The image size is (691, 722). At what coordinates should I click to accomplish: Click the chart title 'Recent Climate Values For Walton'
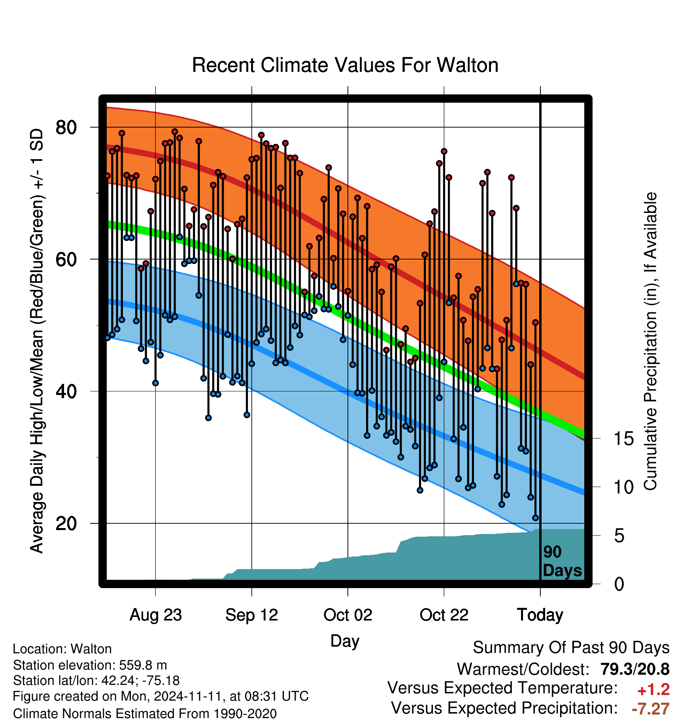click(x=345, y=65)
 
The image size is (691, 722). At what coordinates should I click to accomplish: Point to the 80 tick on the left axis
click(x=66, y=128)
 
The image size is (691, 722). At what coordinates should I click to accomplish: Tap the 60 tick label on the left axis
click(x=66, y=259)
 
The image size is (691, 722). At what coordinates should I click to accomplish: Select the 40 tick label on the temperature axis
click(x=66, y=391)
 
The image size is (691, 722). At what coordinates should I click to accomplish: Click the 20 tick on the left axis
click(x=66, y=523)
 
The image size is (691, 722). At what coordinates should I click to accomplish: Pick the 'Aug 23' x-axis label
click(x=156, y=615)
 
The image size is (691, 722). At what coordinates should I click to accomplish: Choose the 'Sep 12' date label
click(x=252, y=615)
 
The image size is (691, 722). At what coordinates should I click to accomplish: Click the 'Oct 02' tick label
click(x=348, y=615)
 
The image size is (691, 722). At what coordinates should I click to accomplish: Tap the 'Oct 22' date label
click(x=444, y=615)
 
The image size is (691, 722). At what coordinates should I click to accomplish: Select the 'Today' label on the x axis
click(x=540, y=615)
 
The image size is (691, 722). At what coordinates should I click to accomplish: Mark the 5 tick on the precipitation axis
click(x=619, y=536)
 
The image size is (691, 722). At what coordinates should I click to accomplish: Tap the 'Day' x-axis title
click(x=345, y=641)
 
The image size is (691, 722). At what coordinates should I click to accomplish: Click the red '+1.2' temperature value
click(x=653, y=690)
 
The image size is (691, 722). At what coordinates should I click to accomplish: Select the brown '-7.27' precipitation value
click(x=651, y=709)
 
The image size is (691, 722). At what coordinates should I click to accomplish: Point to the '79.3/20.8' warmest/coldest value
click(x=635, y=669)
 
